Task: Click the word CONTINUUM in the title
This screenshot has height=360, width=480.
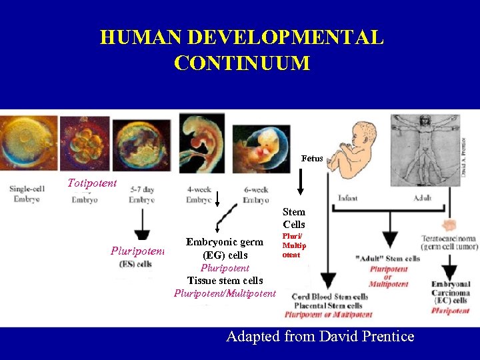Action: (x=241, y=63)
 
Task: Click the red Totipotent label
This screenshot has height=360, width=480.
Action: (x=92, y=182)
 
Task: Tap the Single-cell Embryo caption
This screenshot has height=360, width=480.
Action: (x=27, y=193)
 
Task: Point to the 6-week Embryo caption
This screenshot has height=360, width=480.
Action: (x=256, y=195)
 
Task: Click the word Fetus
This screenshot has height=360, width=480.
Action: (x=311, y=159)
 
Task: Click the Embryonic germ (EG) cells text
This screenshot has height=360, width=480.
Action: (x=225, y=249)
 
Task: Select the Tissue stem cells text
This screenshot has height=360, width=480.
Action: (x=225, y=281)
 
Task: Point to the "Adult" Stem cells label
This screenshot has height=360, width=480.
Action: (x=388, y=259)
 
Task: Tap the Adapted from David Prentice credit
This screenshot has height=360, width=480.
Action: (x=320, y=336)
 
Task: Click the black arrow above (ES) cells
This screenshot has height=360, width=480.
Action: (x=142, y=227)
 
